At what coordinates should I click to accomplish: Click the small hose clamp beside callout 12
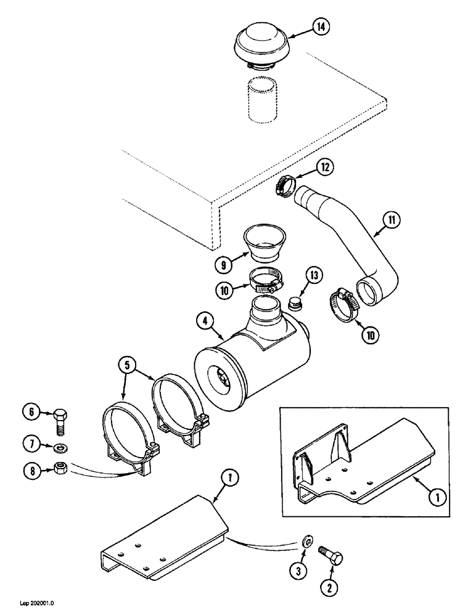286,184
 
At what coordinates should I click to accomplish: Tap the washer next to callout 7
60,447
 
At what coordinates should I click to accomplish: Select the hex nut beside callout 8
60,468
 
